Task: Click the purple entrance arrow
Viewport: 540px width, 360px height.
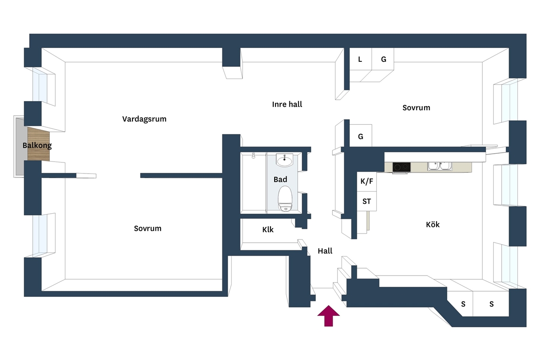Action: click(329, 316)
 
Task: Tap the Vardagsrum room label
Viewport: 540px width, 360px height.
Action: click(144, 119)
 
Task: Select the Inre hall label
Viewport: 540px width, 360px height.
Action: click(287, 104)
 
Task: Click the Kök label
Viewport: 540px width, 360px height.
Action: click(432, 225)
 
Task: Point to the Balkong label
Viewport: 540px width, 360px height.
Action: click(37, 145)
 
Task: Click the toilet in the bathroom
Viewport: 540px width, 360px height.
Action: click(285, 199)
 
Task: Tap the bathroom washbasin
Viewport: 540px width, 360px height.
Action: click(285, 160)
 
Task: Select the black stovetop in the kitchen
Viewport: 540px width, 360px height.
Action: click(402, 167)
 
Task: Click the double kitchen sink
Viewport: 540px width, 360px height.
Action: click(440, 167)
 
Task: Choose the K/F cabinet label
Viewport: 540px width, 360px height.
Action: click(367, 181)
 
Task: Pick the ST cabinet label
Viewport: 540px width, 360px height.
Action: click(366, 202)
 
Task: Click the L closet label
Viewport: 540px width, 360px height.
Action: click(360, 59)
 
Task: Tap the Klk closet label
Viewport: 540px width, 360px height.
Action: click(268, 230)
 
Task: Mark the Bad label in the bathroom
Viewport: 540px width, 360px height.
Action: click(280, 180)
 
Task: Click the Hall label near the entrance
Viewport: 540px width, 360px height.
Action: click(325, 251)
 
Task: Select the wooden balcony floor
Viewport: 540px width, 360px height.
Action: click(39, 144)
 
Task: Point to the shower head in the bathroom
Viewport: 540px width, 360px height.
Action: click(253, 156)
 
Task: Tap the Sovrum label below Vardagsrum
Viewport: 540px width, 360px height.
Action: click(147, 228)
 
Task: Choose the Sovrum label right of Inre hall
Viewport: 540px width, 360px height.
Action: click(416, 108)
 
